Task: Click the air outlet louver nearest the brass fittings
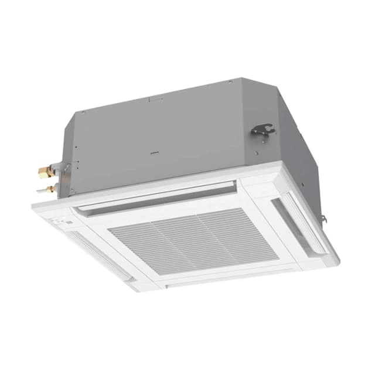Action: point(155,196)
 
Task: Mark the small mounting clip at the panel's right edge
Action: point(323,220)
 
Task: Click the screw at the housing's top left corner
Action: point(83,111)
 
